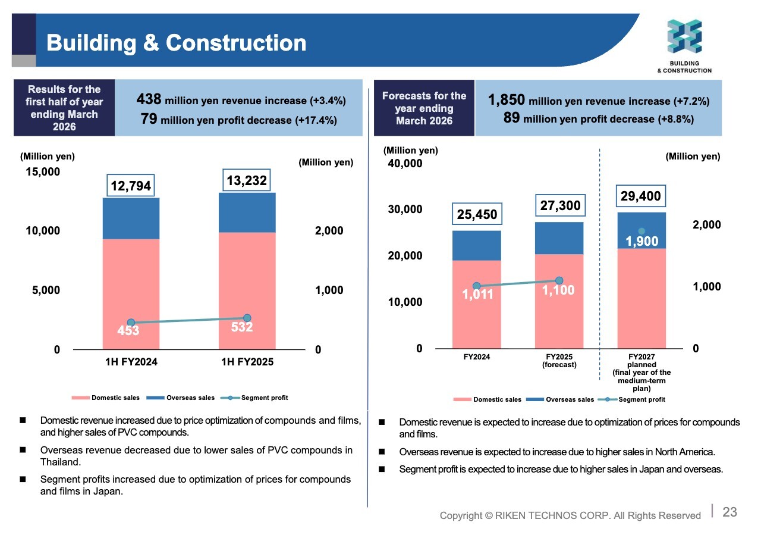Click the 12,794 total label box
pyautogui.click(x=131, y=186)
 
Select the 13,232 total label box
pyautogui.click(x=247, y=180)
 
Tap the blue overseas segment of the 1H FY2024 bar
pyautogui.click(x=131, y=218)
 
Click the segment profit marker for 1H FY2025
pyautogui.click(x=247, y=318)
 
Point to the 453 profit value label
pyautogui.click(x=128, y=330)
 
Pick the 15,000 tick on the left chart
pyautogui.click(x=43, y=172)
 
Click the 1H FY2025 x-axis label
pyautogui.click(x=247, y=362)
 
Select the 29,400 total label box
pyautogui.click(x=641, y=196)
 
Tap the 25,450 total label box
pyautogui.click(x=477, y=214)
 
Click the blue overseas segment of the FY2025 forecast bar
pyautogui.click(x=559, y=239)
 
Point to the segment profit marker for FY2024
pyautogui.click(x=477, y=286)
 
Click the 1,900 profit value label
pyautogui.click(x=641, y=242)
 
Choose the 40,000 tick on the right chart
pyautogui.click(x=405, y=164)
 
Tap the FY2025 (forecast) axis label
pyautogui.click(x=559, y=361)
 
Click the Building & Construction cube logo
pyautogui.click(x=684, y=36)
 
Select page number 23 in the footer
pyautogui.click(x=729, y=512)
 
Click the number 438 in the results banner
pyautogui.click(x=149, y=99)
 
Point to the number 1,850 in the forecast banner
pyautogui.click(x=506, y=100)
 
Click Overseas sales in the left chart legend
pyautogui.click(x=191, y=398)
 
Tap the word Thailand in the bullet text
pyautogui.click(x=61, y=462)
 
